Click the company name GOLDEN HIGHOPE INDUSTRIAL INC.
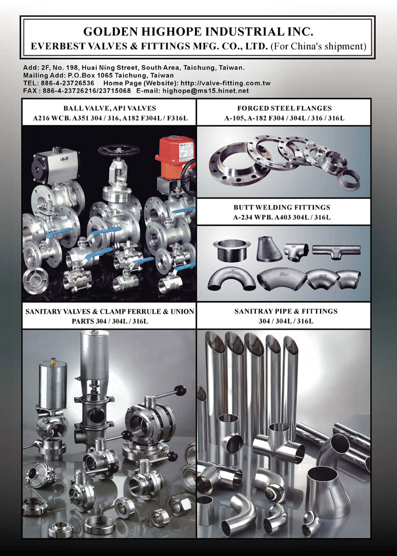(198, 32)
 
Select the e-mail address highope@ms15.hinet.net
(205, 91)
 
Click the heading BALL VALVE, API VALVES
(110, 108)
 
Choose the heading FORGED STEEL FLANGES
(284, 108)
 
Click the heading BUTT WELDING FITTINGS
(282, 207)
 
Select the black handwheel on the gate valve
(118, 150)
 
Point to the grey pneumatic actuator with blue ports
(52, 167)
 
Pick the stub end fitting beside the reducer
(232, 250)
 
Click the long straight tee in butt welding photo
(336, 251)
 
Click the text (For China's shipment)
(319, 47)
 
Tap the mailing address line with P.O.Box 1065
(98, 75)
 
